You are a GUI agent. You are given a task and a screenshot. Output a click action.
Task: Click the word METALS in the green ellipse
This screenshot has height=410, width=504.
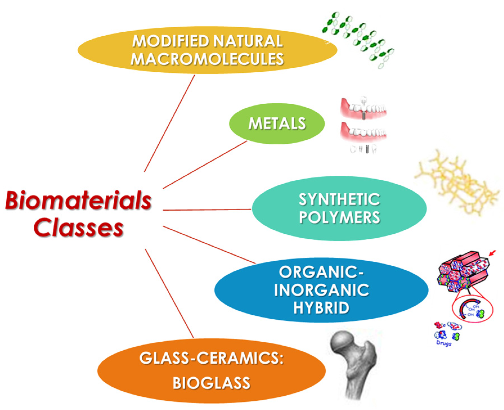coord(277,124)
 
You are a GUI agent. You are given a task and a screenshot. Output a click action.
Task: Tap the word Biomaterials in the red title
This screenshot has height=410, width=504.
coord(78,200)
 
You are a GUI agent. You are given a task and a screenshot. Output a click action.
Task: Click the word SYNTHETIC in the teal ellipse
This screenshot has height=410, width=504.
coord(339,200)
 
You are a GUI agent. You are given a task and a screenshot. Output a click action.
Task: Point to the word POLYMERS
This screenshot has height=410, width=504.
coord(339,217)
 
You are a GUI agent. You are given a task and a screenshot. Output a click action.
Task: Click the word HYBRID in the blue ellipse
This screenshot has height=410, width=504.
coord(321,308)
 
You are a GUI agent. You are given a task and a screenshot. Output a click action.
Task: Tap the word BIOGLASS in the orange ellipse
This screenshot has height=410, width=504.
coord(211,383)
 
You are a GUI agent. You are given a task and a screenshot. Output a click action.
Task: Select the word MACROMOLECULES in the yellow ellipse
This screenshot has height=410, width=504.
coord(207,59)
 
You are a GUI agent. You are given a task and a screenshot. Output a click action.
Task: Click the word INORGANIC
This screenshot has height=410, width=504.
coord(321,290)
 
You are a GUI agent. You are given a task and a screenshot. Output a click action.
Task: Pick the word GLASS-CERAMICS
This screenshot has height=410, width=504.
coord(211,359)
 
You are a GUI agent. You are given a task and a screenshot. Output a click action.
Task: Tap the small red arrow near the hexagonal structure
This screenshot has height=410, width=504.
coord(492,253)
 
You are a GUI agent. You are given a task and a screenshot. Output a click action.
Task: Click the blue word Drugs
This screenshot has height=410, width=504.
coord(444,343)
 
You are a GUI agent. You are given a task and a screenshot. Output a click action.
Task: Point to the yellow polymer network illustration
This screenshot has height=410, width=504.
coord(456,183)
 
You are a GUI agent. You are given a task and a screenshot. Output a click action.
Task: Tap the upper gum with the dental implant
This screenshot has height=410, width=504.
coord(363,108)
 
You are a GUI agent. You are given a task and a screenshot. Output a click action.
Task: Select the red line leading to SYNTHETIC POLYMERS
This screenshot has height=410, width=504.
coord(207,210)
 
